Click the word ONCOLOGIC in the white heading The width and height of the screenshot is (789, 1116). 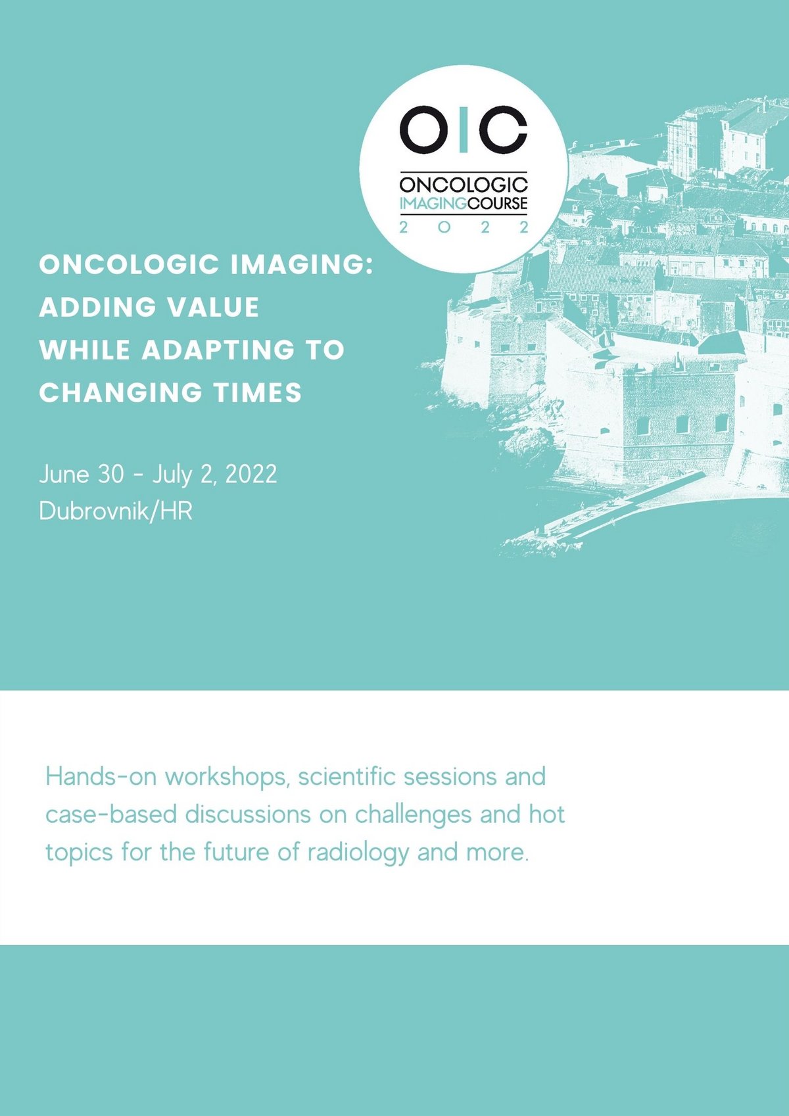pyautogui.click(x=129, y=265)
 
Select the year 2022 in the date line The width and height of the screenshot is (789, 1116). pyautogui.click(x=251, y=474)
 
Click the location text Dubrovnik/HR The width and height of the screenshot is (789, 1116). pyautogui.click(x=116, y=511)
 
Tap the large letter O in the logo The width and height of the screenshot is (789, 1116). pyautogui.click(x=420, y=129)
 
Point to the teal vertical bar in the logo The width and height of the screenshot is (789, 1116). pyautogui.click(x=464, y=129)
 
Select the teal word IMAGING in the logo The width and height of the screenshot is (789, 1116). pyautogui.click(x=433, y=203)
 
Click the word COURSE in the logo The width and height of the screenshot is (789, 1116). pyautogui.click(x=497, y=203)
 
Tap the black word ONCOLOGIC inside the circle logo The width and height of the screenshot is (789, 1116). pyautogui.click(x=464, y=185)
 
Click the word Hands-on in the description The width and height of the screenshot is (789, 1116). pyautogui.click(x=101, y=777)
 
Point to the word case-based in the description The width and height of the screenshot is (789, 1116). pyautogui.click(x=111, y=814)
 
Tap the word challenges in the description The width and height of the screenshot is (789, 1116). pyautogui.click(x=414, y=814)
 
